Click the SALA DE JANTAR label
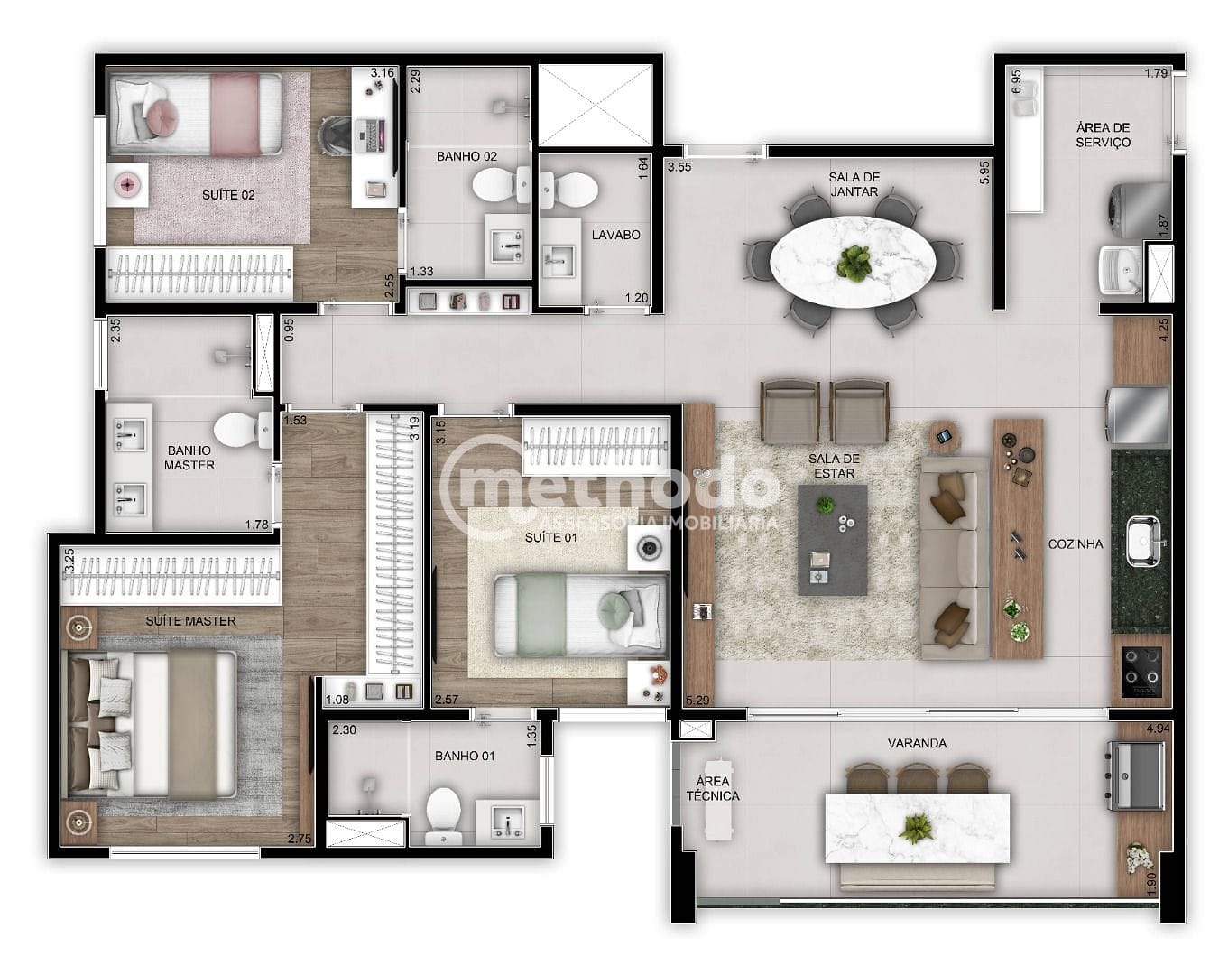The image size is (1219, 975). pos(854,184)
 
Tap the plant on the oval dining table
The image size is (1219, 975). pos(853,261)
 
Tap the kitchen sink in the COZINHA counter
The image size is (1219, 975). pos(1142,541)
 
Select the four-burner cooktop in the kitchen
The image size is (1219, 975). pos(1141,671)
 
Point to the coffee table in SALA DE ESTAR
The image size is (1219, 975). pos(833,540)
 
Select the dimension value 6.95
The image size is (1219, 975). pos(1016,82)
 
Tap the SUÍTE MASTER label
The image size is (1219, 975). pos(191,621)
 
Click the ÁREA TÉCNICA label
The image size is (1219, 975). pos(713,788)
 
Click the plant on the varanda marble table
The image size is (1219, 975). pos(918,827)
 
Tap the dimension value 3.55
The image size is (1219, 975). pos(679,167)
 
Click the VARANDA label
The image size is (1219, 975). pos(917,743)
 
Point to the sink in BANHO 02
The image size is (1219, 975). pos(507,242)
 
